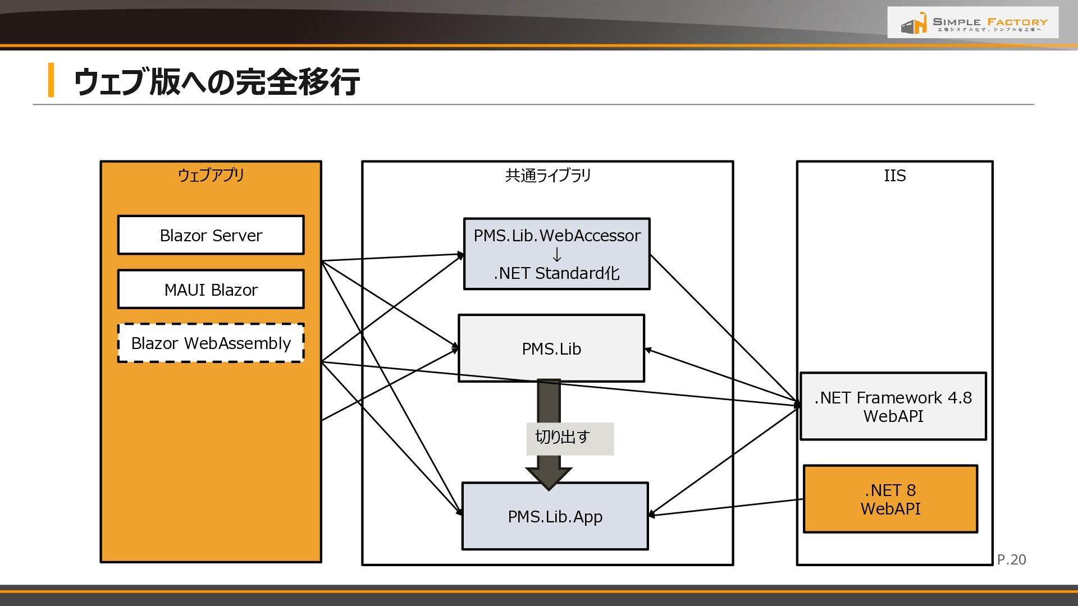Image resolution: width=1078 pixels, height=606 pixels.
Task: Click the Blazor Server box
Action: click(211, 235)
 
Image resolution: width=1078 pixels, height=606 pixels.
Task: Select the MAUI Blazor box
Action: click(211, 290)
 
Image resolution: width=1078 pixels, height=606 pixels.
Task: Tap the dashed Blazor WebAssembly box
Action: click(211, 343)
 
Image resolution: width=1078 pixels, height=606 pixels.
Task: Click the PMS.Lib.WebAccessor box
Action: click(556, 254)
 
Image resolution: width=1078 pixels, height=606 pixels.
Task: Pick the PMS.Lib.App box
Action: click(555, 516)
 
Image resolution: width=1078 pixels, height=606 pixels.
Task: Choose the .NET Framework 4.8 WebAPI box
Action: click(893, 406)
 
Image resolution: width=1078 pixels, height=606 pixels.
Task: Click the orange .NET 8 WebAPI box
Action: click(890, 499)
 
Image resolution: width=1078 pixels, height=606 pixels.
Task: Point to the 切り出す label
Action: click(562, 437)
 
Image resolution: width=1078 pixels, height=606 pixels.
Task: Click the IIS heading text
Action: click(895, 176)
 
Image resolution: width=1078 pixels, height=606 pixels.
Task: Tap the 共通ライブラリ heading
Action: click(548, 176)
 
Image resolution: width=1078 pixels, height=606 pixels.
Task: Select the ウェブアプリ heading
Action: click(211, 175)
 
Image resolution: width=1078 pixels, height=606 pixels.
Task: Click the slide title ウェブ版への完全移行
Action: click(217, 81)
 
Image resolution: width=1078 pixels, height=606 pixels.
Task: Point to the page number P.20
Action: click(1012, 559)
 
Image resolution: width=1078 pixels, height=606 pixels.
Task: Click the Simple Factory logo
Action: click(973, 22)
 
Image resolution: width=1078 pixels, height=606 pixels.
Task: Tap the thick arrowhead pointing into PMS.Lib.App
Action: click(549, 479)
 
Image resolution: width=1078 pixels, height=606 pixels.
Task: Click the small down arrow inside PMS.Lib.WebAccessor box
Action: click(556, 254)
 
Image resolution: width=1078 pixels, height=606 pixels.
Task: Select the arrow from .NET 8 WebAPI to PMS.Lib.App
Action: click(726, 507)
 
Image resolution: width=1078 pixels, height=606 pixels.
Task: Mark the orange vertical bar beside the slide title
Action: click(51, 80)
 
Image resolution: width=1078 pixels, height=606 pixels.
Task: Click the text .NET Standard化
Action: click(556, 273)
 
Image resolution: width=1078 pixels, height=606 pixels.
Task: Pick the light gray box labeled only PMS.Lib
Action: click(551, 348)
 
